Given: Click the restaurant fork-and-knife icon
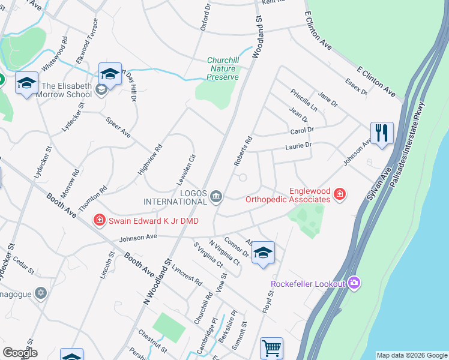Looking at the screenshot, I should pos(382,133).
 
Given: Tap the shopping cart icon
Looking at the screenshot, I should pos(271,348).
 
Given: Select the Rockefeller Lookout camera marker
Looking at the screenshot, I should pos(354,283).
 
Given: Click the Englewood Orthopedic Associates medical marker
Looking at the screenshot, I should pos(340,193).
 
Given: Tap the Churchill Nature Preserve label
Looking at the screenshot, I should pos(223,68).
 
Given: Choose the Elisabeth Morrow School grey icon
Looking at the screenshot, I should pos(101,89).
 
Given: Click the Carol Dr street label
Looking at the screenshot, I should pos(302,130).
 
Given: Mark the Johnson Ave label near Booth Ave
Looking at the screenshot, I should pos(138,237).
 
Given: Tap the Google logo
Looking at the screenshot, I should pos(20,353).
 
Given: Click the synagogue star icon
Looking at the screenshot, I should pos(41,293).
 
